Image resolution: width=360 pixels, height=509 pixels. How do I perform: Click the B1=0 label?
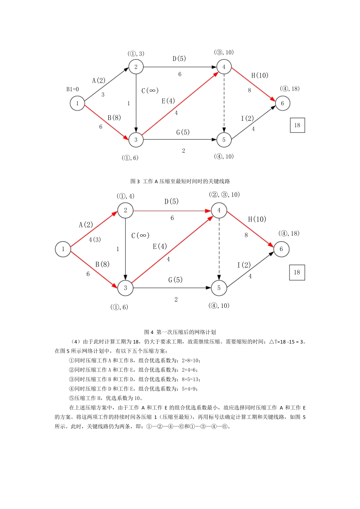tap(72, 89)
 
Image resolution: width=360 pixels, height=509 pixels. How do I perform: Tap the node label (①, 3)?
tap(136, 54)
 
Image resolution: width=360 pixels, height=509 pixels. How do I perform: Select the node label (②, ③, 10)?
tap(224, 195)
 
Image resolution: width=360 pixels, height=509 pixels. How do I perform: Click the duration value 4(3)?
tap(95, 240)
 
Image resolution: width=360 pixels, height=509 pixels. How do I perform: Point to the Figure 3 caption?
tap(180, 181)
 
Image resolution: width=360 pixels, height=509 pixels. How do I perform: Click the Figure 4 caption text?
tap(180, 332)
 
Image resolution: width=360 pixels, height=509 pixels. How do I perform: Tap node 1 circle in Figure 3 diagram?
tap(77, 103)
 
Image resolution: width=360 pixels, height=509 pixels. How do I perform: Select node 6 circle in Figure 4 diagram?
tap(281, 249)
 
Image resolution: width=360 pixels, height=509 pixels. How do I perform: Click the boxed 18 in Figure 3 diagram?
tap(297, 125)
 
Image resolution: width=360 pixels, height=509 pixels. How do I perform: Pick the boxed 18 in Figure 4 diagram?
tap(297, 272)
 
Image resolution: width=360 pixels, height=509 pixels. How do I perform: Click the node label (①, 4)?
tap(125, 196)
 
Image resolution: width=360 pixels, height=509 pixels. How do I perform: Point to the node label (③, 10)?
tap(224, 52)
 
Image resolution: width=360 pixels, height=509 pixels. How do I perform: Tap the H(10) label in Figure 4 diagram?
tap(257, 219)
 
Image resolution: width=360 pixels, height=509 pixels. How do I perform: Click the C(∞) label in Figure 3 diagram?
tap(150, 91)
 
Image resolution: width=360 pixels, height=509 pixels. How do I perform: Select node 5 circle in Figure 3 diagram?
tap(224, 140)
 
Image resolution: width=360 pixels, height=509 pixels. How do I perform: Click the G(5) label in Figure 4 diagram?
tap(175, 280)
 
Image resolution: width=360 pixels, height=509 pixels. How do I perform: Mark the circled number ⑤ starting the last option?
tap(72, 398)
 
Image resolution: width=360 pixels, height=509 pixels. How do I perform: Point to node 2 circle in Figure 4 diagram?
tap(125, 211)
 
